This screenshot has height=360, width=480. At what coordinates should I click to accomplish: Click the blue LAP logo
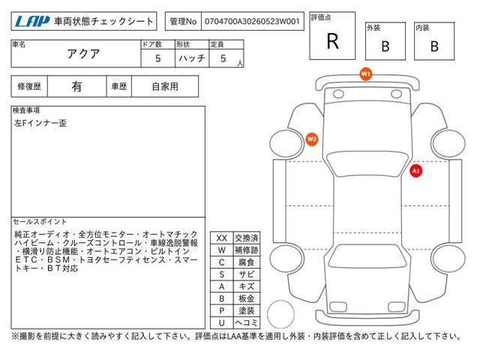tap(32, 22)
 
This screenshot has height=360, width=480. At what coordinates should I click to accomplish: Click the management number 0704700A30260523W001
tap(252, 22)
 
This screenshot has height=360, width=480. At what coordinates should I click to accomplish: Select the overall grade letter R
tap(333, 41)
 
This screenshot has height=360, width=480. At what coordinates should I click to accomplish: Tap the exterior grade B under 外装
tap(385, 46)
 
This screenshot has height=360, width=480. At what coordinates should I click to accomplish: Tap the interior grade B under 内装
tap(434, 46)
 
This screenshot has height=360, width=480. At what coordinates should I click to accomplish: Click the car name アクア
tap(83, 54)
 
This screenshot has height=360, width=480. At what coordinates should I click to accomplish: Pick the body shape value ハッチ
tap(192, 58)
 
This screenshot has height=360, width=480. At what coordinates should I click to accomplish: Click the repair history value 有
tap(76, 87)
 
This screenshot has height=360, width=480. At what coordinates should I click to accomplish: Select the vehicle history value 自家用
tap(165, 87)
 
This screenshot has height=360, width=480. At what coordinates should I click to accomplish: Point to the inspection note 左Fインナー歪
tap(40, 123)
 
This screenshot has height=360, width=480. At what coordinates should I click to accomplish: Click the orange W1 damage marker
tap(366, 73)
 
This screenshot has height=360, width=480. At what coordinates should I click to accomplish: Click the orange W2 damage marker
tap(312, 139)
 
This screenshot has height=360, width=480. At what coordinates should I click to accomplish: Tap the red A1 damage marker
tap(415, 170)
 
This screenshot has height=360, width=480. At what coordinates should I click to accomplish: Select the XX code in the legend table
tap(222, 238)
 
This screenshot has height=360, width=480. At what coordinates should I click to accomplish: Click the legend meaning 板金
tap(247, 298)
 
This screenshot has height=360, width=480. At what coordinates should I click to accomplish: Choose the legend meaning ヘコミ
tap(247, 322)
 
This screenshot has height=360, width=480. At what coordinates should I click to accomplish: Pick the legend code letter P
tap(222, 310)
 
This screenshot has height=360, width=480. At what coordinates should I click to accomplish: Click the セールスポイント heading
tap(40, 222)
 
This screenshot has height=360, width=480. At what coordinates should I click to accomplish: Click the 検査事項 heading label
tap(26, 110)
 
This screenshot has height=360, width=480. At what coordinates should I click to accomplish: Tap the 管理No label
tap(183, 22)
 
